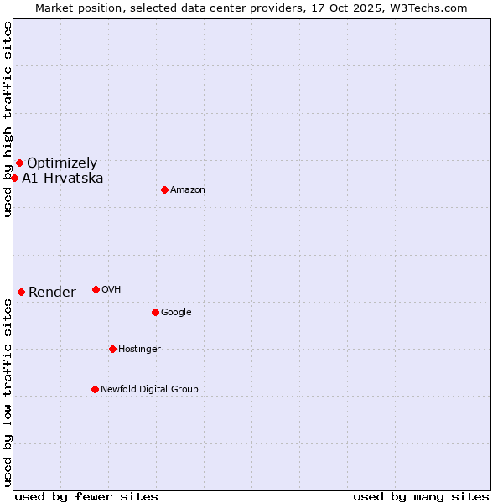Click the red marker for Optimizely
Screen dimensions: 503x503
19,163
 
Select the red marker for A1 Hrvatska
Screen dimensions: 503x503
14,178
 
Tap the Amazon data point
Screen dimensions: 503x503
164,189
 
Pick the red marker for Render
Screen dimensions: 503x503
21,292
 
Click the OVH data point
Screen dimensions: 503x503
96,289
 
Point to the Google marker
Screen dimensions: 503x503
155,312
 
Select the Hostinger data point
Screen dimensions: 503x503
112,349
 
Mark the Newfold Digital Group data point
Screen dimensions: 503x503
95,389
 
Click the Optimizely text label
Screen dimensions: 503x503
62,163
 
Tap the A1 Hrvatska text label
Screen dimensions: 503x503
63,179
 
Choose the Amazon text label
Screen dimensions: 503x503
188,190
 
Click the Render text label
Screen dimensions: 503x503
52,293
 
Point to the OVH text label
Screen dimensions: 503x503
111,290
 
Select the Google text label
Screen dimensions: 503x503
176,313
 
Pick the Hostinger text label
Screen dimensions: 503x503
139,350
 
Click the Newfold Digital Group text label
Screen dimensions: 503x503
149,390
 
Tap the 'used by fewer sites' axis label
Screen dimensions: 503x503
86,496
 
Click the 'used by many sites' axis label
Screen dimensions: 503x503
421,496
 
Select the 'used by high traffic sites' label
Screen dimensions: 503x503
8,119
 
